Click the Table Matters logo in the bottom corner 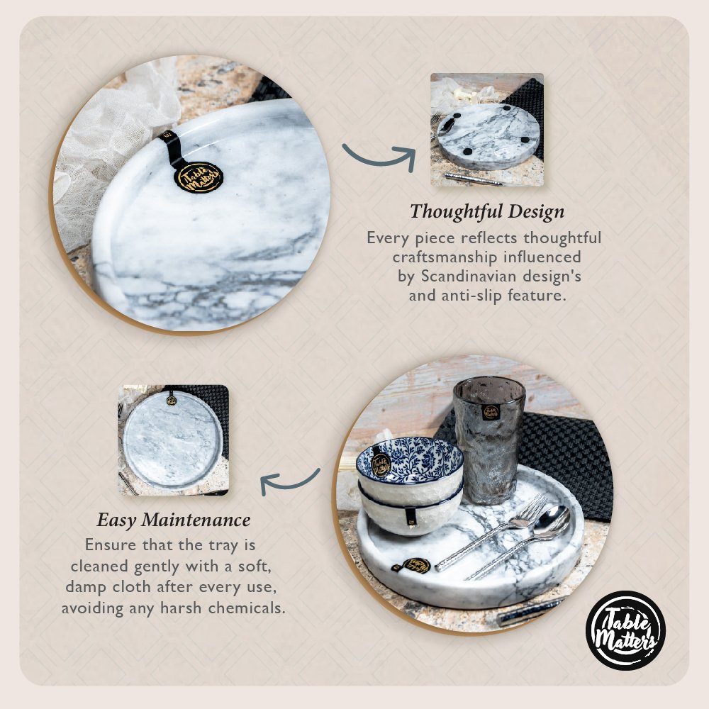(x=625, y=630)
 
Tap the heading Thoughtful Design (x=487, y=211)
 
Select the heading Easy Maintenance (x=173, y=520)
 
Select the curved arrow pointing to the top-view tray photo (x=290, y=482)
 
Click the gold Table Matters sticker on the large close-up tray (x=199, y=177)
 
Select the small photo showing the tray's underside (x=487, y=130)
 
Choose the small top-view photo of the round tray (x=174, y=440)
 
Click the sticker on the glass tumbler (x=490, y=412)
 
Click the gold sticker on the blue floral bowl (x=381, y=464)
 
